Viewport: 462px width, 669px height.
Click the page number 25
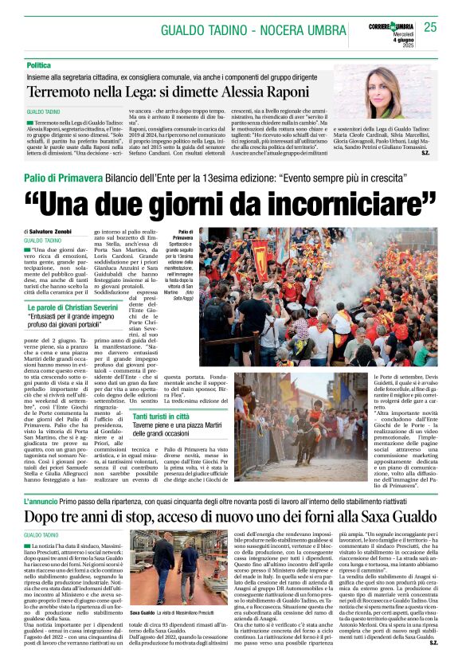pyautogui.click(x=430, y=27)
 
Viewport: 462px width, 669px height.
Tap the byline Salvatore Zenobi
pyautogui.click(x=53, y=232)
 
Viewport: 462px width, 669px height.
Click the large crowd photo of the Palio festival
pyautogui.click(x=319, y=296)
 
